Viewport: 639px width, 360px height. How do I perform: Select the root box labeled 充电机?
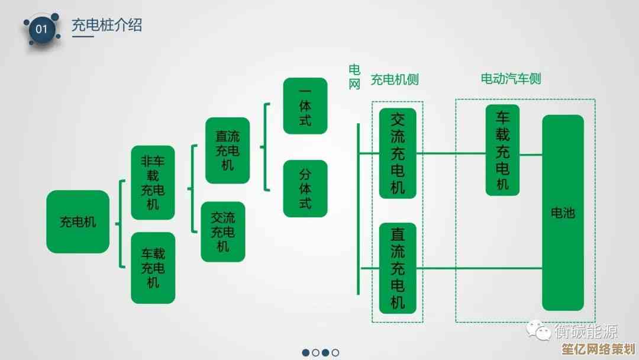[x=78, y=222]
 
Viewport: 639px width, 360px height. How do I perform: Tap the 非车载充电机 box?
[x=153, y=182]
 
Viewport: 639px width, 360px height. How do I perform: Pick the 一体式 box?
[x=305, y=106]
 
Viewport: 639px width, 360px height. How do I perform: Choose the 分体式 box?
[x=305, y=188]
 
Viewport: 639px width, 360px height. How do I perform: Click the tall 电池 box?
[x=563, y=213]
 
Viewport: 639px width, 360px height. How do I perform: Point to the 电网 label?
[x=354, y=77]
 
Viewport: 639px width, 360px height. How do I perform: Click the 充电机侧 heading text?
[x=394, y=79]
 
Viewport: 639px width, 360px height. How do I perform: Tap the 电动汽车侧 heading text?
[x=510, y=78]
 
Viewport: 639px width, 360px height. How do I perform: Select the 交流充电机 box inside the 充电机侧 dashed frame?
[x=398, y=153]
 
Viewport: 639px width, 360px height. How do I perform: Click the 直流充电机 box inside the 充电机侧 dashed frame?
[x=398, y=268]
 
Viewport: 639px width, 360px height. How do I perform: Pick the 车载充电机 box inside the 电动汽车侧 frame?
[x=502, y=150]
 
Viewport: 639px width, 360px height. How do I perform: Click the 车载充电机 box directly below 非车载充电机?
[x=153, y=268]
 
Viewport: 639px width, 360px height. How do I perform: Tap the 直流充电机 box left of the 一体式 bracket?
[x=227, y=150]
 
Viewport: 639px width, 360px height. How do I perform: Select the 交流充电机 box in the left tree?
[x=222, y=232]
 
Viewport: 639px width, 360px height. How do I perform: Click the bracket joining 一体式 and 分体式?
[x=266, y=147]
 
